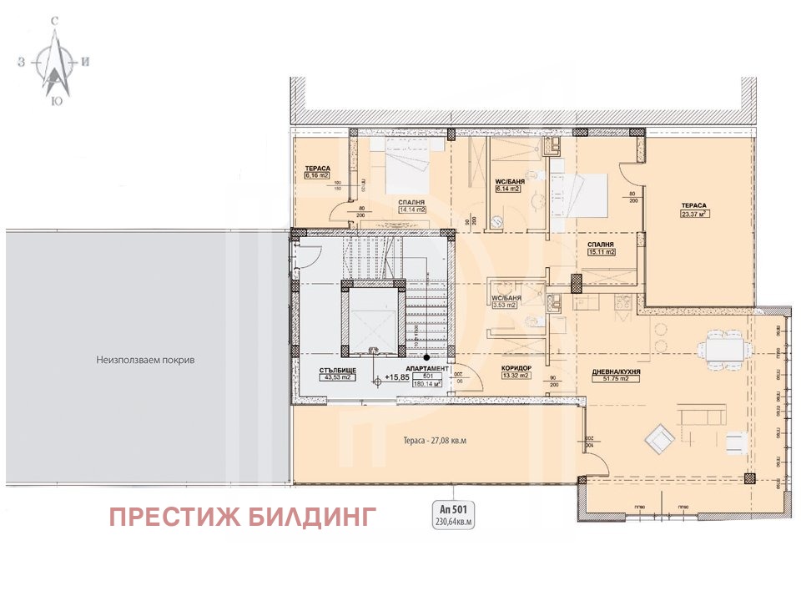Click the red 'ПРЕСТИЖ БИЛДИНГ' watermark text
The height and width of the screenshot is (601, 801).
pos(244,517)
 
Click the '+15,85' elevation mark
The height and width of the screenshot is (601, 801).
pos(396,377)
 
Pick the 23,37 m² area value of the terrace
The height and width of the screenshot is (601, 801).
pos(694,212)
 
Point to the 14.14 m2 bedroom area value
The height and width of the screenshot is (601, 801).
pos(411,210)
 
